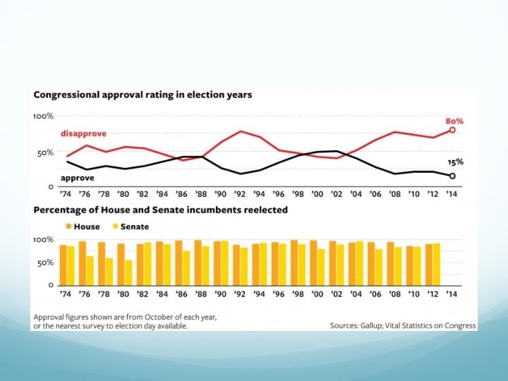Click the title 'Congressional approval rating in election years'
tap(142, 95)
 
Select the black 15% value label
tap(456, 162)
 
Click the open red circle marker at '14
tap(452, 130)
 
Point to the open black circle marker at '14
tap(452, 176)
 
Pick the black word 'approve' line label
tap(77, 179)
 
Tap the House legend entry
tap(83, 226)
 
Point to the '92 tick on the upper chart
tap(241, 194)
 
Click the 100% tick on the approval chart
tap(43, 116)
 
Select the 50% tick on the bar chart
tap(44, 262)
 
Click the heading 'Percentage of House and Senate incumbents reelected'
tap(159, 210)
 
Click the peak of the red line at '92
tap(241, 131)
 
